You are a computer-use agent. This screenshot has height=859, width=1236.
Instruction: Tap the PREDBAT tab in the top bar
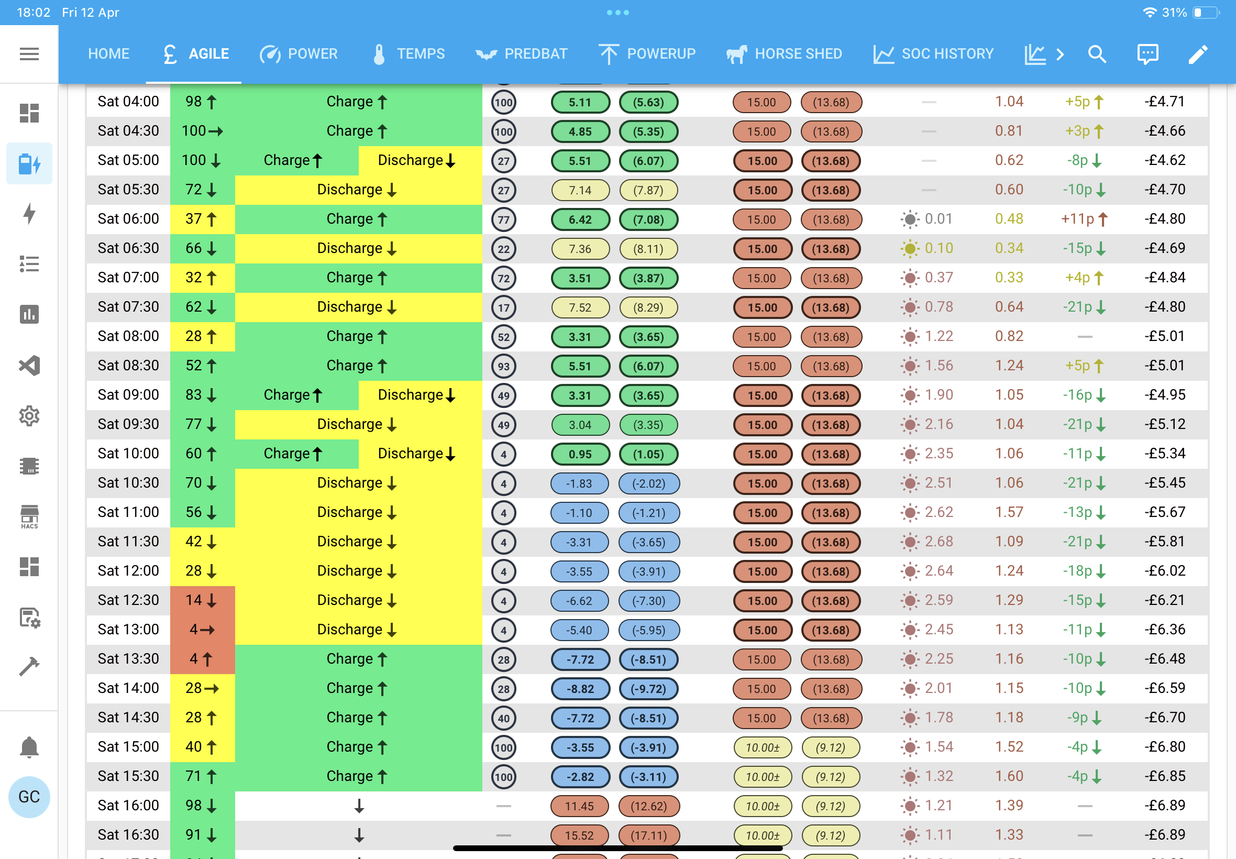click(521, 54)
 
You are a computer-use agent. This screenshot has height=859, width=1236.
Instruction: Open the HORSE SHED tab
click(783, 54)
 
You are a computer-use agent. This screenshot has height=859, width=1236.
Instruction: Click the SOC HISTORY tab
click(933, 54)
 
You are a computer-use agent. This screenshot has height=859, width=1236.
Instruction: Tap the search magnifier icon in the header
click(1097, 54)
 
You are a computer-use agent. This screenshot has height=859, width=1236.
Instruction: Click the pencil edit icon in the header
click(1198, 54)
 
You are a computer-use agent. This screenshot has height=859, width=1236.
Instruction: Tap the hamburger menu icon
click(29, 54)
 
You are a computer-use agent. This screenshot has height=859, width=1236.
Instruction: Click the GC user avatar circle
click(29, 797)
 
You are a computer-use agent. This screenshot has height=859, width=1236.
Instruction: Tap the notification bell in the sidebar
click(29, 747)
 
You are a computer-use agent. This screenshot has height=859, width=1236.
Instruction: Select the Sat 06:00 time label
click(128, 219)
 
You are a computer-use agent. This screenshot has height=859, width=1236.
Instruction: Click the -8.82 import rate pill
click(580, 689)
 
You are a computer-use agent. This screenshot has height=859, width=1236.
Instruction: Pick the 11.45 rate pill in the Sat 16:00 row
click(580, 806)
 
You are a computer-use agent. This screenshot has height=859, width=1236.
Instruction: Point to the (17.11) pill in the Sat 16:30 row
click(648, 835)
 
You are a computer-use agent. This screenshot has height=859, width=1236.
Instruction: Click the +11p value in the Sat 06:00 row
click(1077, 219)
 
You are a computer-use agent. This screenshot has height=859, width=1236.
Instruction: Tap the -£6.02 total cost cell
click(1164, 571)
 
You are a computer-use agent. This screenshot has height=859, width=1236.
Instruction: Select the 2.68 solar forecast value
click(939, 542)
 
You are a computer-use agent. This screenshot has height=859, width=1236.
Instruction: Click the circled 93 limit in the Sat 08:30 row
click(504, 366)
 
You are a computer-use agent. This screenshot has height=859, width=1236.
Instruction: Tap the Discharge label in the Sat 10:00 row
click(411, 454)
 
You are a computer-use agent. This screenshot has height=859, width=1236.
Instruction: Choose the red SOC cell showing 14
click(202, 601)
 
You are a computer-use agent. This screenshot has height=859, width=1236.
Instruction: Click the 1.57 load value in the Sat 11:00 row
click(1009, 512)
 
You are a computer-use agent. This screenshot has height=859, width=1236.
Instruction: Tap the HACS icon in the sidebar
click(29, 516)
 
